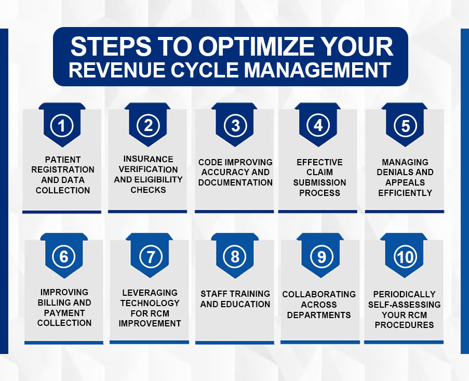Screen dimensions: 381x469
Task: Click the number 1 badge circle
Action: (62, 126)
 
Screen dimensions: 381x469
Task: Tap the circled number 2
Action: (149, 125)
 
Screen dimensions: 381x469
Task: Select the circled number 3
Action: (235, 125)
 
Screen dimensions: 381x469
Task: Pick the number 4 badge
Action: (318, 125)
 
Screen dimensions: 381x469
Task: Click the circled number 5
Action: (405, 126)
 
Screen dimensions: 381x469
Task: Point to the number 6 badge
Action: (64, 256)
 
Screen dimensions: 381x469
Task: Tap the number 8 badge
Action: (235, 256)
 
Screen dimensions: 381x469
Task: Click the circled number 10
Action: (405, 256)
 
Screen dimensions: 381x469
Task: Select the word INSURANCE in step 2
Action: (149, 159)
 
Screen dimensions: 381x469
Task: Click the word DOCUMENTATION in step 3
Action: (235, 182)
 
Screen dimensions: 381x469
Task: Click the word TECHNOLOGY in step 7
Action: (150, 303)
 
